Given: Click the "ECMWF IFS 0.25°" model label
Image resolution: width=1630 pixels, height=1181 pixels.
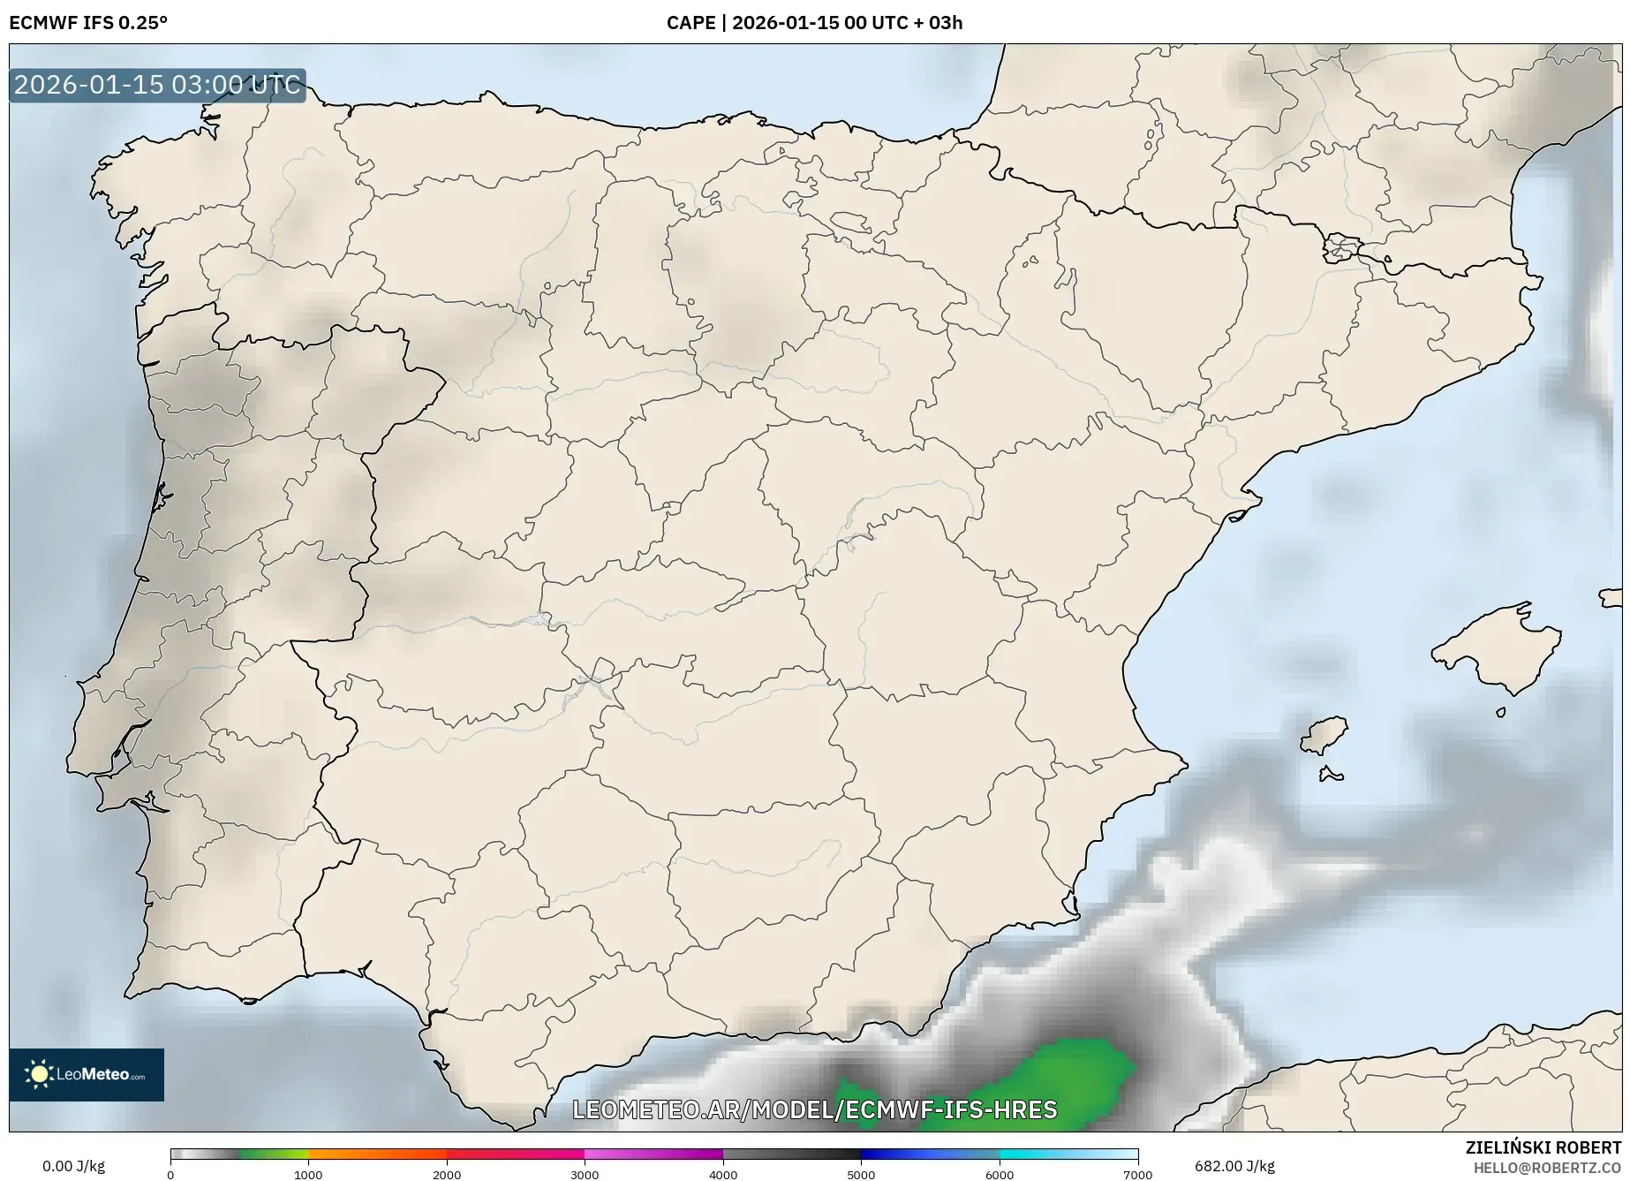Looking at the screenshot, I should click(x=88, y=23).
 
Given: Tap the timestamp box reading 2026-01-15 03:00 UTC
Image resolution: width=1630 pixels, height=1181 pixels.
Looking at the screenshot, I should click(x=157, y=86).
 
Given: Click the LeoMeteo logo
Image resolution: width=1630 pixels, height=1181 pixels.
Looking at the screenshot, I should click(x=87, y=1074).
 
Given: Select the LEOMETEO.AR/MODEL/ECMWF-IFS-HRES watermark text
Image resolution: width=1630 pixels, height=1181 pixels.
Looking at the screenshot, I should click(x=814, y=1109).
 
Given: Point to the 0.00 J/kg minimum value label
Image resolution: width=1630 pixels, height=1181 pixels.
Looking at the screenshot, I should click(x=73, y=1166).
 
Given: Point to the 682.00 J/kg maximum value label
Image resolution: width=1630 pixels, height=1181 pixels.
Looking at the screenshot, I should click(x=1234, y=1166).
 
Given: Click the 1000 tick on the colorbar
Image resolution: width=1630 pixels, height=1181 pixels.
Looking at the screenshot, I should click(x=308, y=1174).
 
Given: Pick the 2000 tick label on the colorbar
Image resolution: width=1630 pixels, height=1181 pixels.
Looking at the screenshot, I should click(x=447, y=1174).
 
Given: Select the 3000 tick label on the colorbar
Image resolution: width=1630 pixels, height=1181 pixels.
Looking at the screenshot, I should click(x=585, y=1174).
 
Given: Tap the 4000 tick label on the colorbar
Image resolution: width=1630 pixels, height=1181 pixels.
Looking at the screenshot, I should click(x=723, y=1174).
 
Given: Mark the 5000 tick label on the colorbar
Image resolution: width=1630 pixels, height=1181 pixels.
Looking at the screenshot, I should click(x=861, y=1174).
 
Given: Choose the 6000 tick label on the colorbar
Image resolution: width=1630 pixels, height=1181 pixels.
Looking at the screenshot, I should click(x=1000, y=1174).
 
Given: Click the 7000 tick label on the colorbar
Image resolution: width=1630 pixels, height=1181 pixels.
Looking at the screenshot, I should click(x=1137, y=1174).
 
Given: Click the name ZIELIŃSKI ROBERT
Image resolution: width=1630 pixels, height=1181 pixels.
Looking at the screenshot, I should click(x=1543, y=1147).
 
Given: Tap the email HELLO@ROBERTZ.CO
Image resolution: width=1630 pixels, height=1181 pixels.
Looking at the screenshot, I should click(x=1547, y=1167).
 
